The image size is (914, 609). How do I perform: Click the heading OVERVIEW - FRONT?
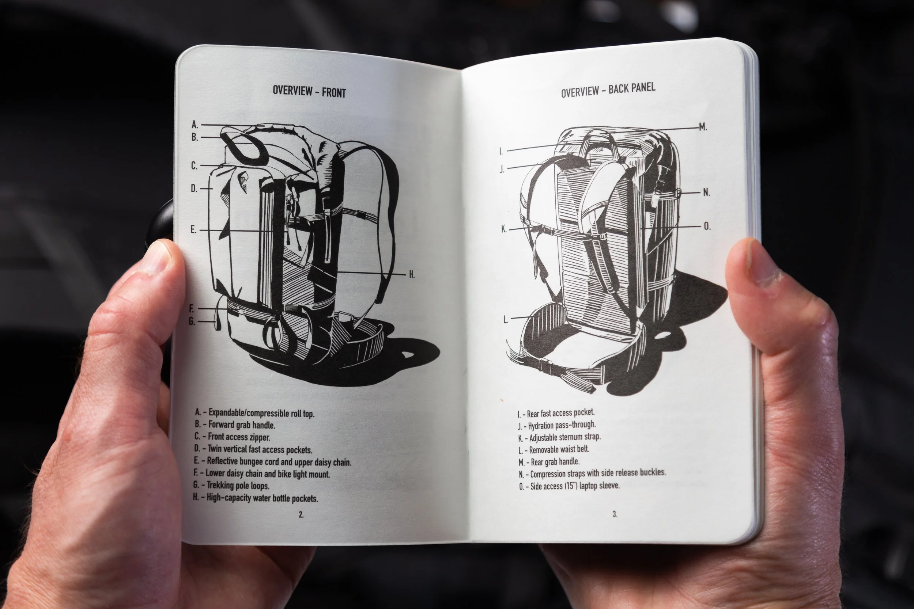click(309, 92)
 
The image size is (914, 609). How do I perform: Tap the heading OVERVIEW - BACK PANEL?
click(608, 90)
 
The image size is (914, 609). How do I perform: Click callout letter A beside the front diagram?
click(195, 125)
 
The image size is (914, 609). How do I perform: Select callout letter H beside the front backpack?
click(412, 275)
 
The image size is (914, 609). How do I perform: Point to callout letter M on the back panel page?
click(703, 127)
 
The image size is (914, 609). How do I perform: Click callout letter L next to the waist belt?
click(506, 320)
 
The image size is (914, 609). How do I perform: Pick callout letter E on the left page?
click(193, 230)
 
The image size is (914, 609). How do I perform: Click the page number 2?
click(301, 515)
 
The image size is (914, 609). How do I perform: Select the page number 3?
click(615, 514)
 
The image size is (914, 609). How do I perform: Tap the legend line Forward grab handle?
click(235, 425)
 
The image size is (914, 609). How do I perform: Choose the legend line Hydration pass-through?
click(556, 425)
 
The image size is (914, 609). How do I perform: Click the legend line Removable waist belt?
click(554, 450)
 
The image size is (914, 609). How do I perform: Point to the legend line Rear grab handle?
click(549, 462)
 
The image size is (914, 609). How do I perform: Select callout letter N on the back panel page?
click(706, 192)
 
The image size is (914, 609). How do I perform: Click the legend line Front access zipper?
click(233, 437)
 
